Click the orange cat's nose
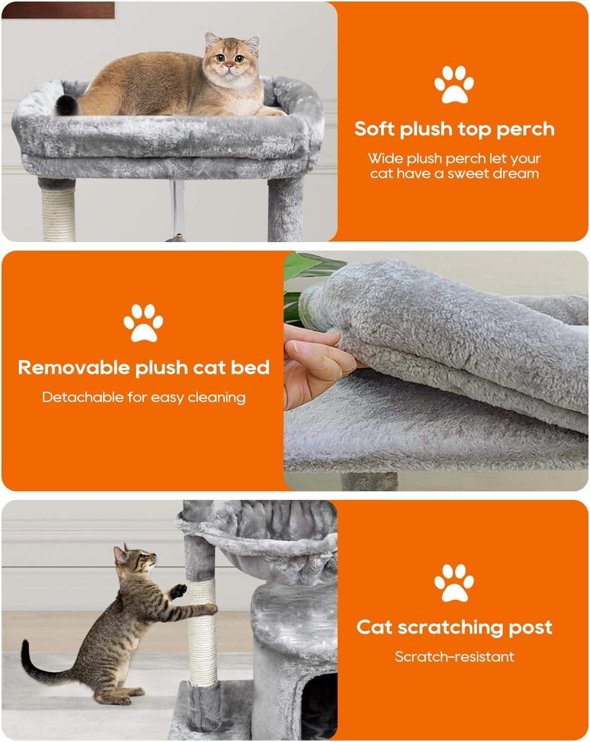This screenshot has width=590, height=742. (228, 66)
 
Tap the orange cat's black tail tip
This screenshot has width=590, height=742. (67, 105)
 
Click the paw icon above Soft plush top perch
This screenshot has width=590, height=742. (454, 84)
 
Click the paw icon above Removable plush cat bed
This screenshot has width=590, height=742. (143, 323)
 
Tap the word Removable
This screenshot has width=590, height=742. (74, 367)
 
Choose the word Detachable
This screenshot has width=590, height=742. (83, 397)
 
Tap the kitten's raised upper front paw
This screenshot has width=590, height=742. (179, 591)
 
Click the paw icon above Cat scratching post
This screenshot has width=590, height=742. (454, 583)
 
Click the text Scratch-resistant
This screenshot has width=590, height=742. (454, 656)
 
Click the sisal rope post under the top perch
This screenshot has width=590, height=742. (59, 214)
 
